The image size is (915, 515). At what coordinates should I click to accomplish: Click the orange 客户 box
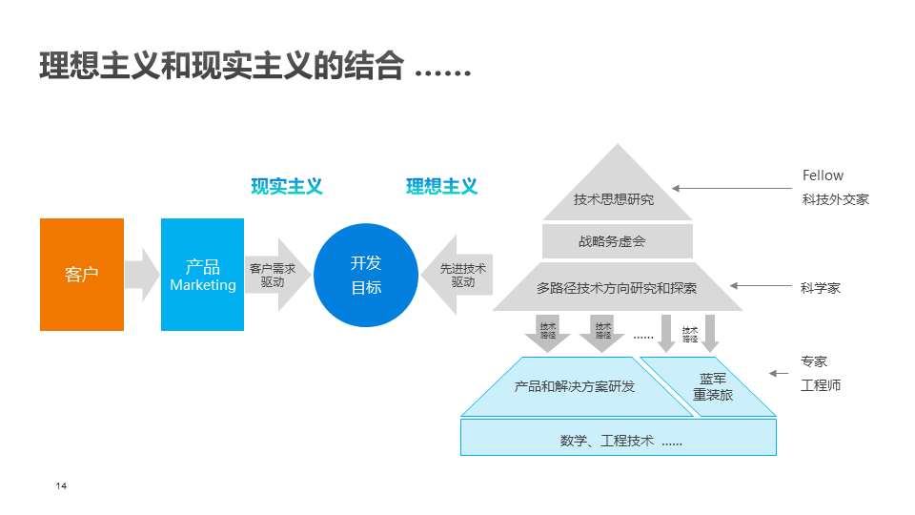(x=82, y=275)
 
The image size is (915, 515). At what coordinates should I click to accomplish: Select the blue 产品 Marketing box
(x=202, y=275)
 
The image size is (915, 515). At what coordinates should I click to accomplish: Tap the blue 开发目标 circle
(x=366, y=275)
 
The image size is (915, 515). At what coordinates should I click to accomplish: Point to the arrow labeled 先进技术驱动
(x=459, y=275)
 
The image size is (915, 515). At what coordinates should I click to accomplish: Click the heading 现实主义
(x=287, y=187)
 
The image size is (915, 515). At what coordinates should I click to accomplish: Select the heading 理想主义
(x=441, y=187)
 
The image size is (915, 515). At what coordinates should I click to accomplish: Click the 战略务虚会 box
(x=617, y=241)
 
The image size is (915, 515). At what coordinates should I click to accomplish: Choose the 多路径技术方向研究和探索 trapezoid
(x=617, y=287)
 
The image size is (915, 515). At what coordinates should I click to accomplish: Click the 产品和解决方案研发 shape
(x=574, y=386)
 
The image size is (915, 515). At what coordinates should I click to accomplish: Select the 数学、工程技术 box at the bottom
(x=619, y=441)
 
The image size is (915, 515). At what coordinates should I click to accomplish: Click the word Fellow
(x=823, y=175)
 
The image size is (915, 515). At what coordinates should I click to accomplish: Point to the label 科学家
(x=821, y=287)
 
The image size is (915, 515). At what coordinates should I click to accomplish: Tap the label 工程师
(x=821, y=386)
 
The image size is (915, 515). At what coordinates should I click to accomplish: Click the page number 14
(x=61, y=487)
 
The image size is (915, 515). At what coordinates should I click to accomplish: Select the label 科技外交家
(x=835, y=200)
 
